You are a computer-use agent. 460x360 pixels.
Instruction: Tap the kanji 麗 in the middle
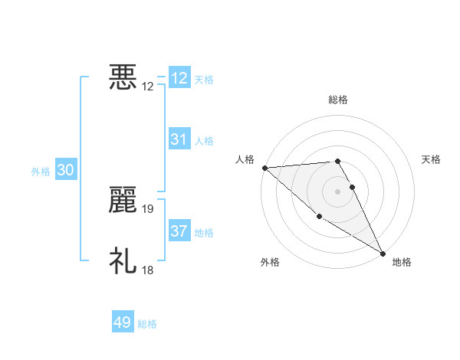point(123,200)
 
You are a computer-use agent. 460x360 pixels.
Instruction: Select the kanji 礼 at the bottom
point(123,260)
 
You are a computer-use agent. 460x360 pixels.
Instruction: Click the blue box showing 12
point(179,78)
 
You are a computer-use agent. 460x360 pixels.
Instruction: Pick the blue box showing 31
point(179,139)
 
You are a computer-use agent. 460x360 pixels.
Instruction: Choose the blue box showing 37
point(179,231)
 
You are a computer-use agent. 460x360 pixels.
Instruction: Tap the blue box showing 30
point(65,171)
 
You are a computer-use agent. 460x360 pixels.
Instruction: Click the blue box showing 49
point(123,322)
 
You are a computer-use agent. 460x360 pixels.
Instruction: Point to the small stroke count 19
point(149,208)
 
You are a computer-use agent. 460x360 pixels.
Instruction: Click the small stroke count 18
point(149,270)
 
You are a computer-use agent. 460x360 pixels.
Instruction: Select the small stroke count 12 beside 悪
point(149,86)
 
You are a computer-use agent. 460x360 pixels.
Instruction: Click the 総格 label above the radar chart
point(338,100)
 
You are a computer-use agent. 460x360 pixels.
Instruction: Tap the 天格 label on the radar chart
point(432,159)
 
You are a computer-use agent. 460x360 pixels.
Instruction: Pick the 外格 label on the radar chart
point(270,262)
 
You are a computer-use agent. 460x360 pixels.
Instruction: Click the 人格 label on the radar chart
point(245,159)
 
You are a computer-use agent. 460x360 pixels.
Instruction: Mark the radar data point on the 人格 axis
point(264,167)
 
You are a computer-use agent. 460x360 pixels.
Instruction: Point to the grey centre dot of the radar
point(338,191)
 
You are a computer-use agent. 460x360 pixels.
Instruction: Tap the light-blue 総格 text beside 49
point(147,324)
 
